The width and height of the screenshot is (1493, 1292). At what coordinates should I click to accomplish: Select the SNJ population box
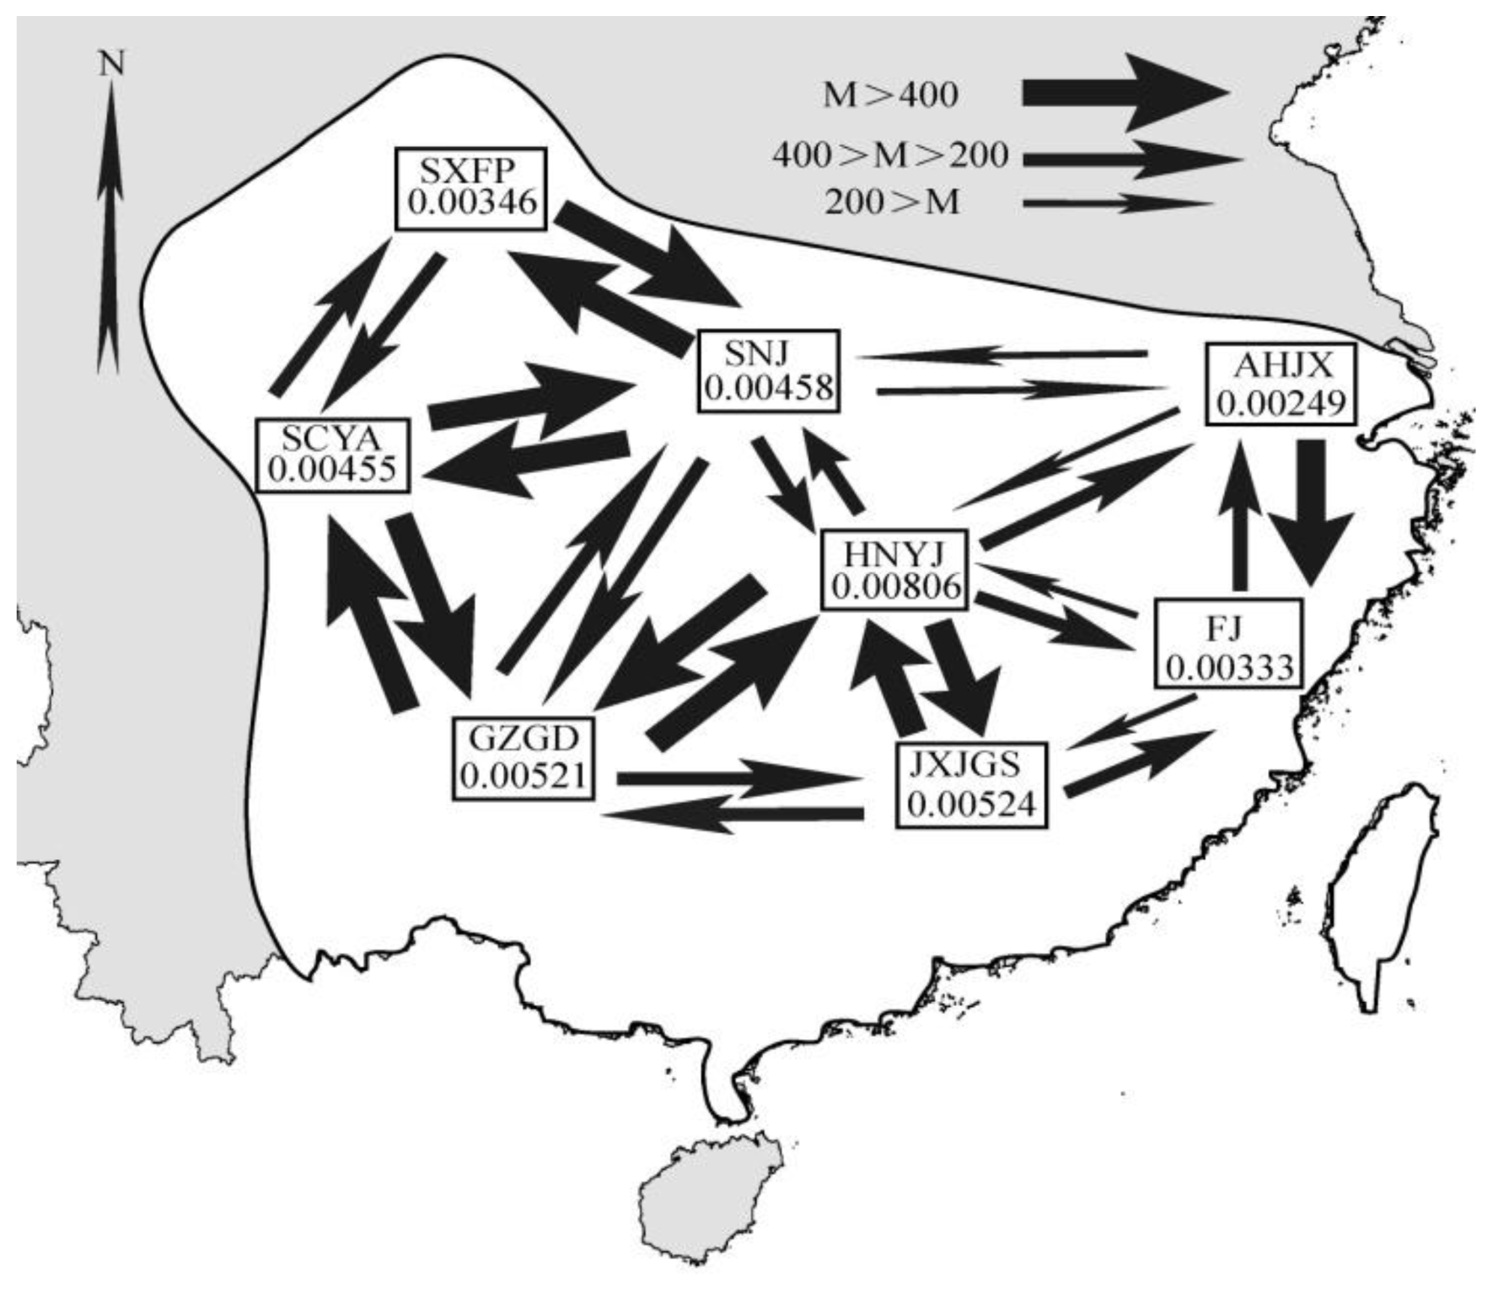[x=769, y=371]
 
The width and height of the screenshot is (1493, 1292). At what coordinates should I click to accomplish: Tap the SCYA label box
[x=332, y=455]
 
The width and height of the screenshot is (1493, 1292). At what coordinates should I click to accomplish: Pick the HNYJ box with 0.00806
[x=896, y=569]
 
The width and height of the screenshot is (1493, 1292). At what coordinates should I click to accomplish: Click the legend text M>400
[x=890, y=95]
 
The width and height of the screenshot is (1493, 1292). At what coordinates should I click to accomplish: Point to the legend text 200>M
[x=892, y=203]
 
